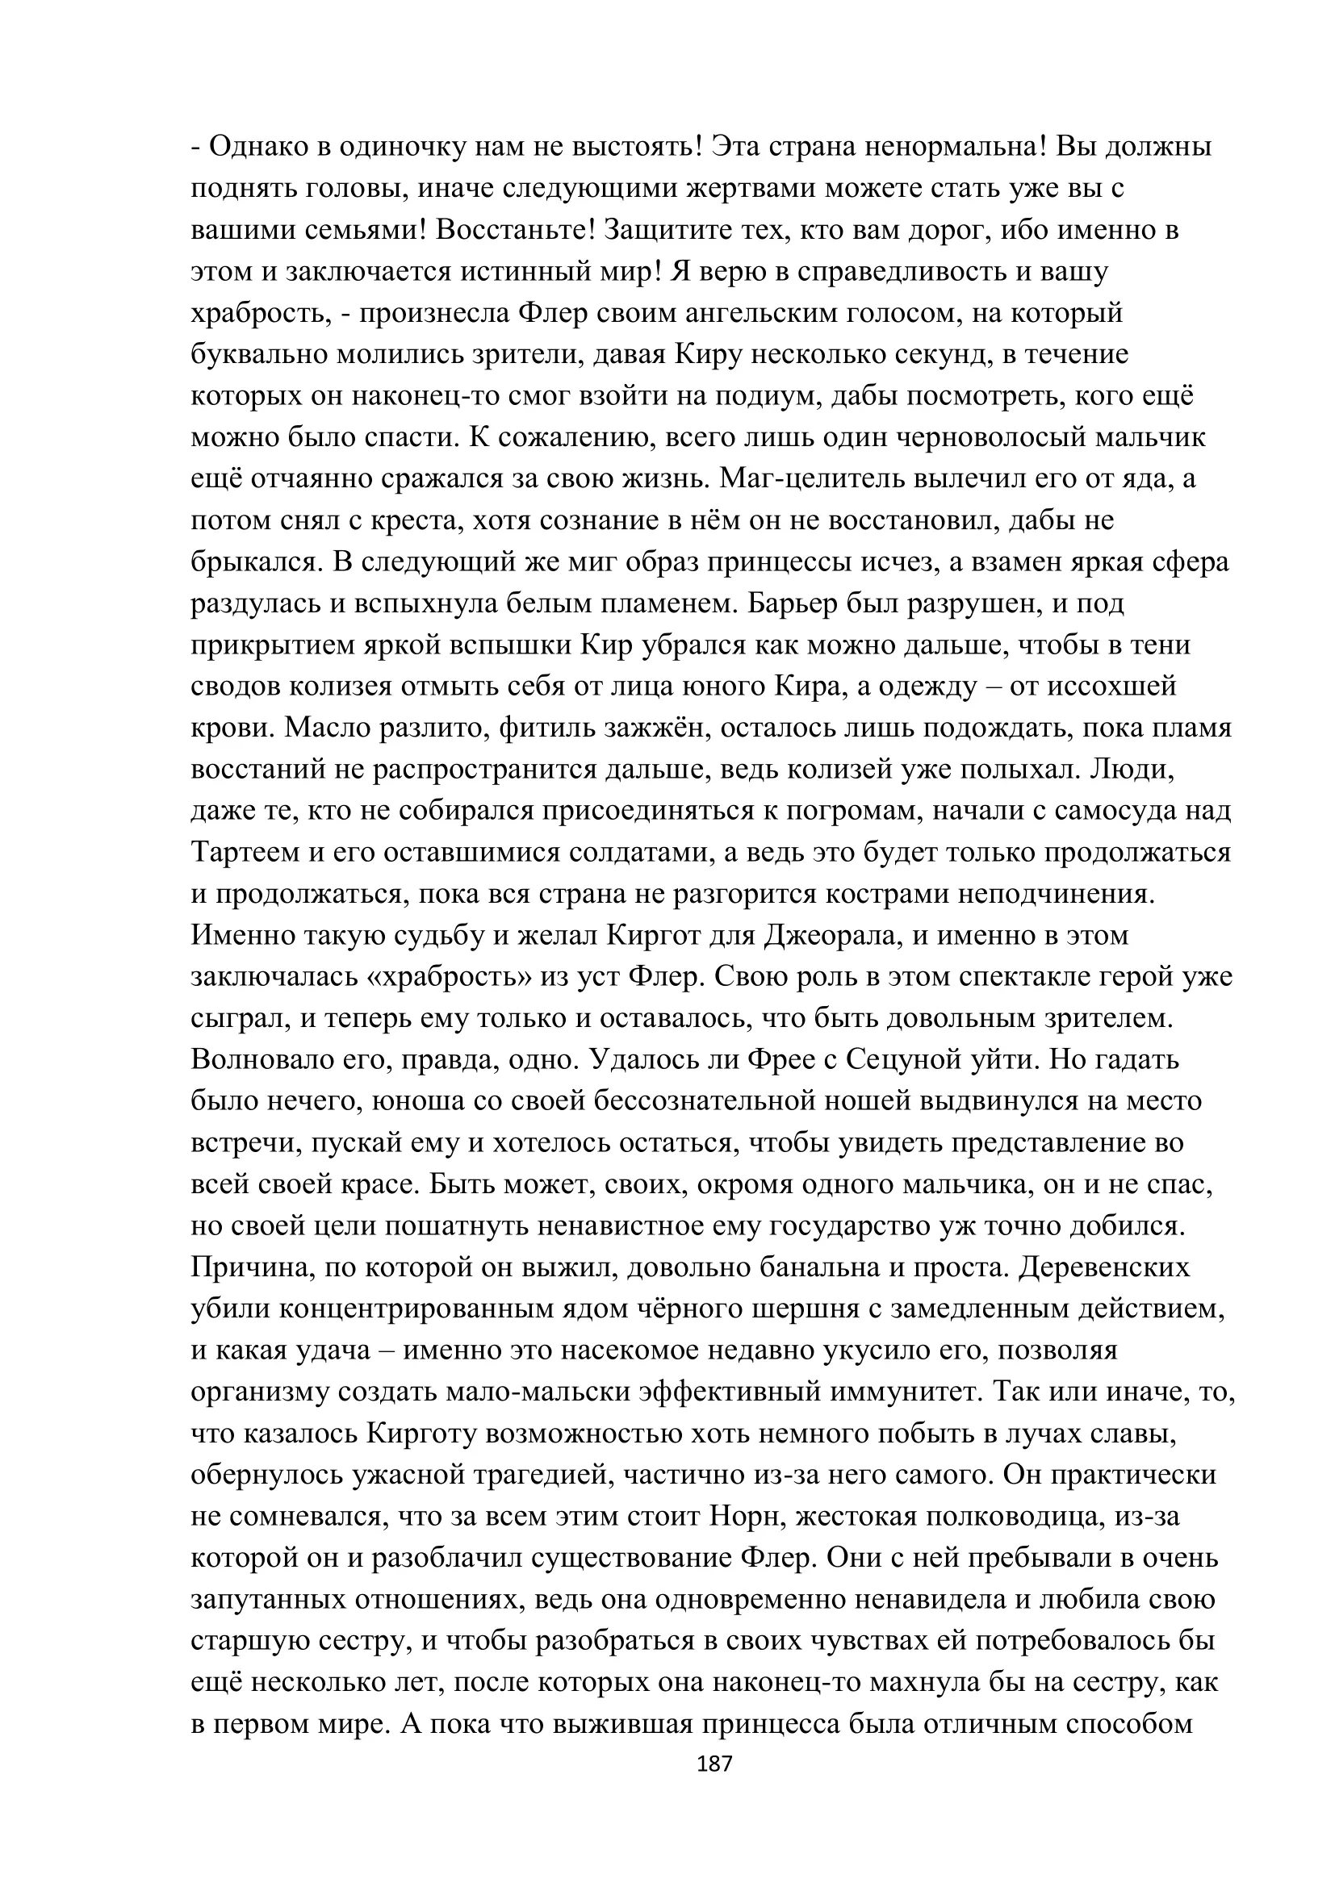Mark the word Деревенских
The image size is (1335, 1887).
pos(1104,1267)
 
